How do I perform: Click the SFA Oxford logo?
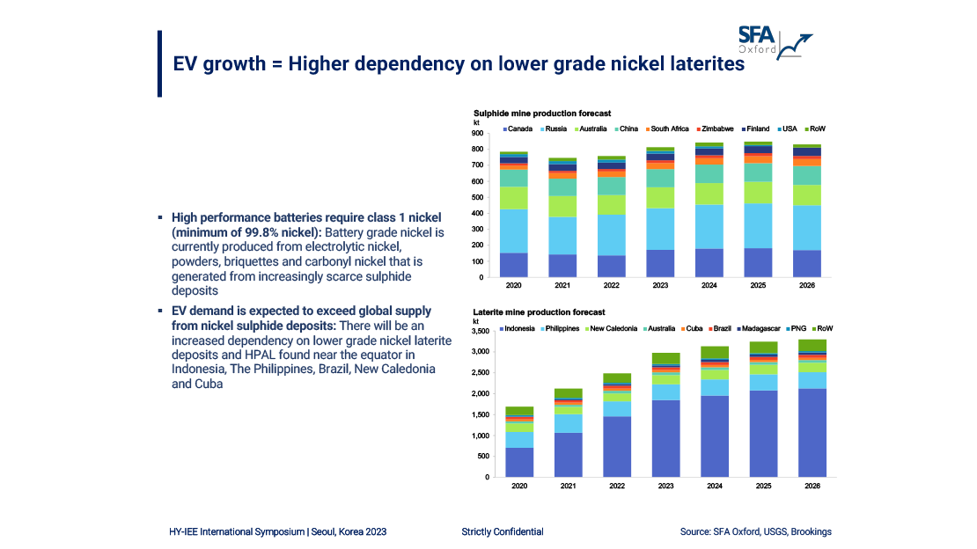(x=775, y=40)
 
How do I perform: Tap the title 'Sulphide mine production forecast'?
(x=542, y=113)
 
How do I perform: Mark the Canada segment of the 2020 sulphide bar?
(x=513, y=265)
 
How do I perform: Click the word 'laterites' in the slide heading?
(x=703, y=64)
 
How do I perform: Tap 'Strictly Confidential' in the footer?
(x=502, y=531)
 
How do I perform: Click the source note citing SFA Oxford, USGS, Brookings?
(x=755, y=531)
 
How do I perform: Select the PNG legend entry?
(x=795, y=328)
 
